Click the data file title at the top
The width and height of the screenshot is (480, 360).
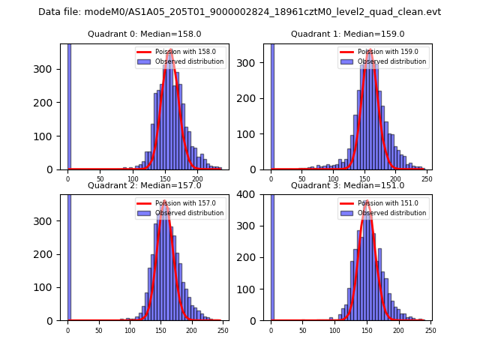click(x=239, y=12)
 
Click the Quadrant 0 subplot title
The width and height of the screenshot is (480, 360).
click(x=144, y=34)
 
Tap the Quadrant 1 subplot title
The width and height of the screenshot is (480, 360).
click(x=347, y=34)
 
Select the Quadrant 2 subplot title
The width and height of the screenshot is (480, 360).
click(x=144, y=185)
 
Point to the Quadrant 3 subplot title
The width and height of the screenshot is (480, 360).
click(x=347, y=185)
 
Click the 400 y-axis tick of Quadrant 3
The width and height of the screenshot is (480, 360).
click(x=255, y=194)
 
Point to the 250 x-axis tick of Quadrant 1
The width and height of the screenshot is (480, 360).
click(x=427, y=178)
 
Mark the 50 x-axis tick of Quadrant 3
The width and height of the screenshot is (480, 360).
click(x=303, y=329)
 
